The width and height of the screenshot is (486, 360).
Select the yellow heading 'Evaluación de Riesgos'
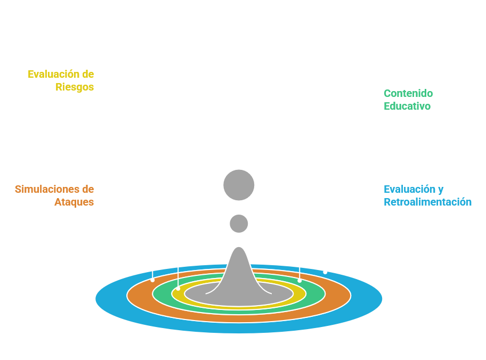[61, 80]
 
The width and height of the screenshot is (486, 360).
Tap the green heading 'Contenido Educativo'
[408, 100]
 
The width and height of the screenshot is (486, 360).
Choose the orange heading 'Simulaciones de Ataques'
[54, 195]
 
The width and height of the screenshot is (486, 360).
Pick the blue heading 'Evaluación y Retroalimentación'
[427, 195]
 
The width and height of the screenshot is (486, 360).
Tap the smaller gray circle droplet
[239, 223]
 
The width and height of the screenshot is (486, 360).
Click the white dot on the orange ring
[153, 280]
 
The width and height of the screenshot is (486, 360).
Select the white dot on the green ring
[299, 280]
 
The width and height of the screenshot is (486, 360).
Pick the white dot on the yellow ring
[179, 288]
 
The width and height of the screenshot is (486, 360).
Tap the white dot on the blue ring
[325, 272]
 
